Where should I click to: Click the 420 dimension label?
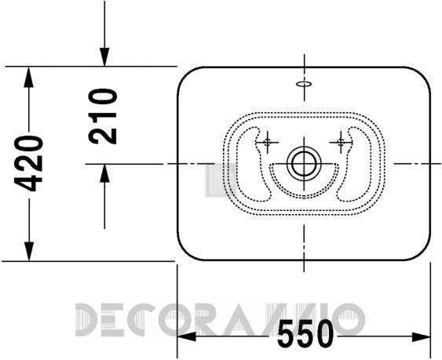pos(29,163)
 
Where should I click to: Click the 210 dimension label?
pos(103,117)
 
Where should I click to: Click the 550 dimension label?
pos(305,333)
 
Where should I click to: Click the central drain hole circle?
pos(304,163)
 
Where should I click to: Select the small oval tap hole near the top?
pos(304,84)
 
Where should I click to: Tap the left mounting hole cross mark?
pos(267,142)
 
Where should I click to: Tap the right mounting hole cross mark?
pos(341,142)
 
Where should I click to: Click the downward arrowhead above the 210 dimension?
pos(104,57)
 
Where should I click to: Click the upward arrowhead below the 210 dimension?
pos(104,173)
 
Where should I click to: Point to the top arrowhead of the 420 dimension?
pos(28,77)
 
